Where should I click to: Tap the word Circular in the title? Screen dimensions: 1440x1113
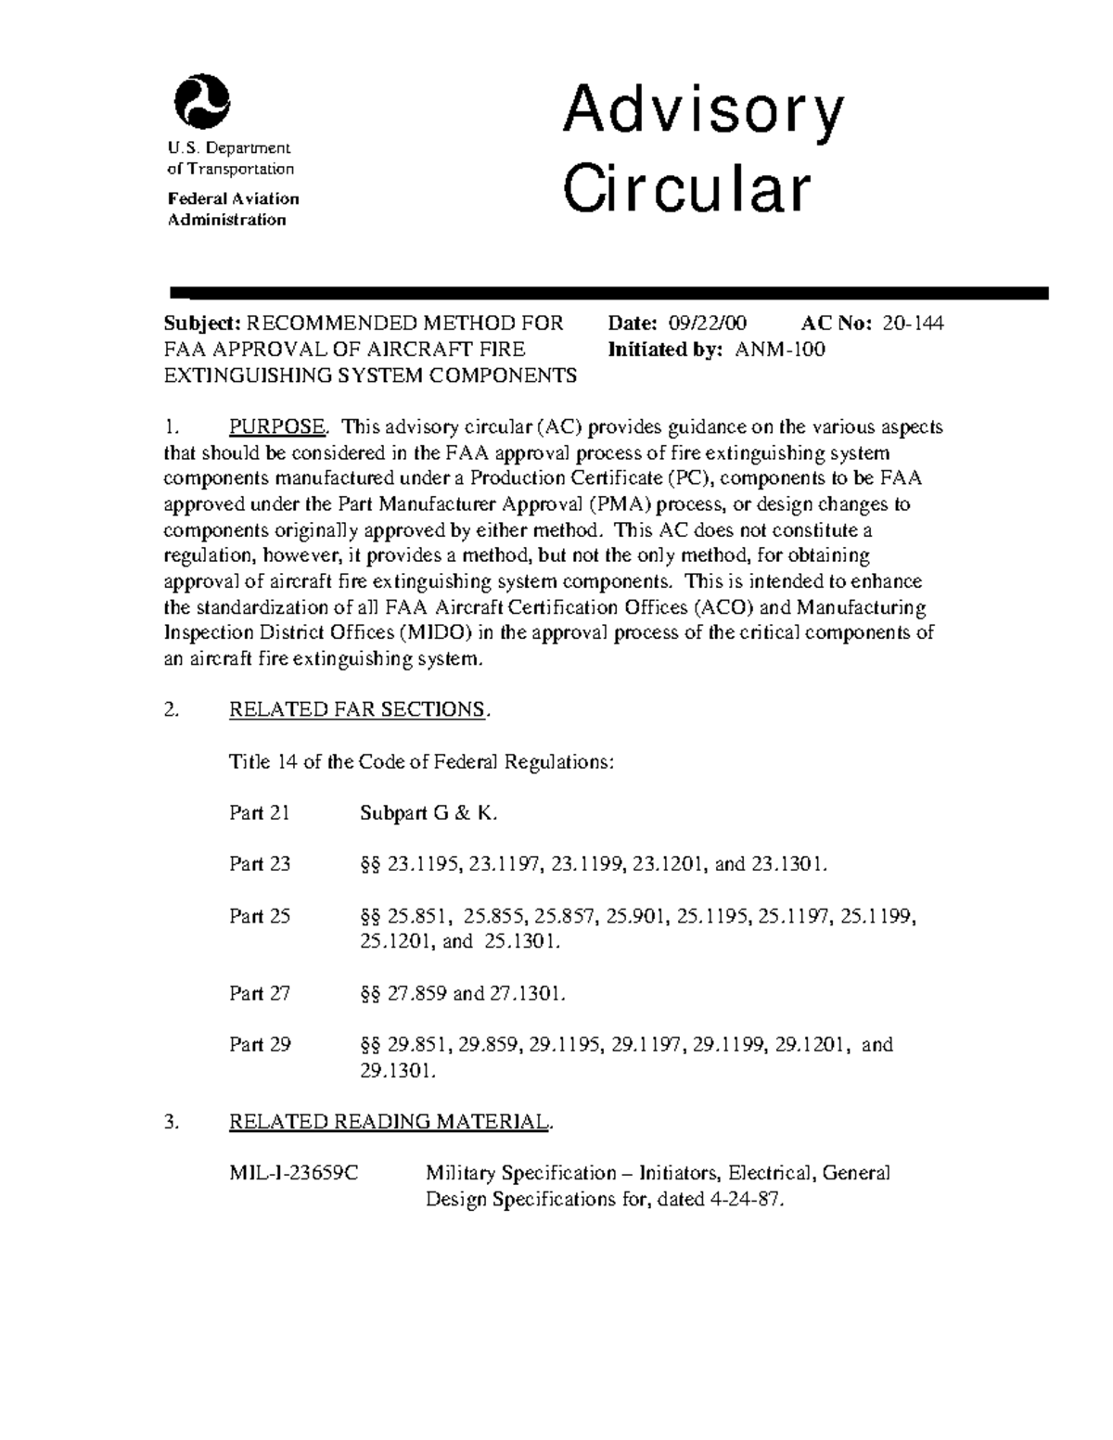(687, 188)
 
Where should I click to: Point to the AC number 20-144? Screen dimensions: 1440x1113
(914, 323)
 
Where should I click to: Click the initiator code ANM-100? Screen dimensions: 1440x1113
(780, 349)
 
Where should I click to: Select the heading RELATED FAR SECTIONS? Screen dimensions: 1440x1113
(357, 709)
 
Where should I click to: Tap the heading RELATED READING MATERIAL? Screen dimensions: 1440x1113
(389, 1121)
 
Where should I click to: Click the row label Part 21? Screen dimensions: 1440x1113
(260, 813)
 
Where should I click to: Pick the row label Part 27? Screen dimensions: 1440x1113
(260, 993)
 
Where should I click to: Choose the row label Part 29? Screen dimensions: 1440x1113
(260, 1044)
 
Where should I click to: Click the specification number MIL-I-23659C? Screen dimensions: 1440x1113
(294, 1173)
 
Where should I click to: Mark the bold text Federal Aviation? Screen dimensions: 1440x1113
(233, 198)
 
